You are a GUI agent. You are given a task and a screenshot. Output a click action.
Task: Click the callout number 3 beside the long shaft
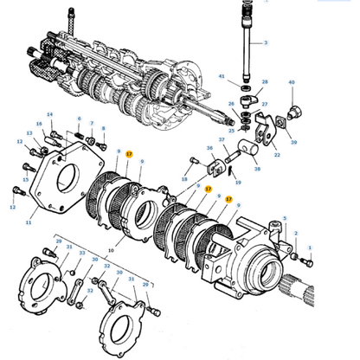[266, 42]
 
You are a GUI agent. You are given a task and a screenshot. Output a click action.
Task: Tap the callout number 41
[222, 77]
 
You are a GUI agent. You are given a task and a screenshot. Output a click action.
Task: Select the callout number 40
[291, 83]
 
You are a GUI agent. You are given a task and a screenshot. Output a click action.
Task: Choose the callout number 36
[209, 148]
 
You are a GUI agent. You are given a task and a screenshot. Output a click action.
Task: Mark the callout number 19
[238, 183]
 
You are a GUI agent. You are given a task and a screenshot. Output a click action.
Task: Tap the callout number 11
[29, 222]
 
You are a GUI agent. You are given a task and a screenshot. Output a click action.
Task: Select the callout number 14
[49, 114]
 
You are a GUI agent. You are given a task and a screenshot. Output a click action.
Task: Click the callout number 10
[110, 249]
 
